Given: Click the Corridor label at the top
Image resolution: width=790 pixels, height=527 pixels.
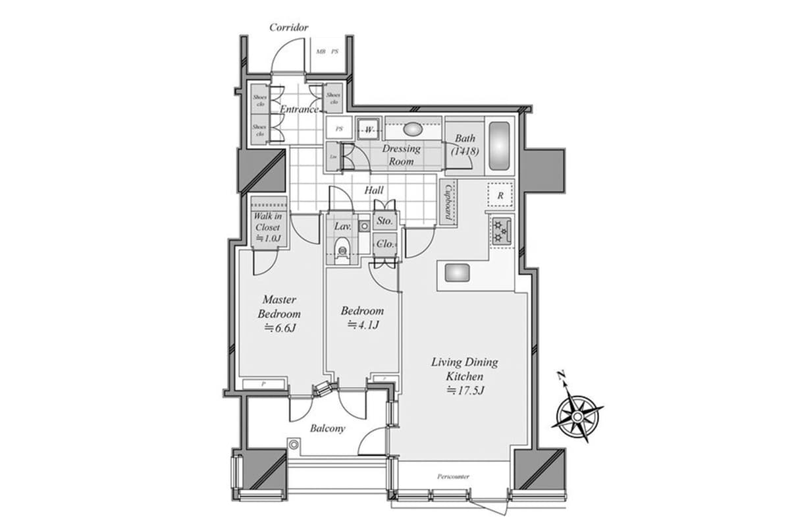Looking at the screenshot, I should coord(289,28).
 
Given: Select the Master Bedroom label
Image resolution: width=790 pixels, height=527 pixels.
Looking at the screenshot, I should coord(279,306).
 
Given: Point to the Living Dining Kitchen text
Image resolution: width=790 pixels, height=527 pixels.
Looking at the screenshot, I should coord(464,369).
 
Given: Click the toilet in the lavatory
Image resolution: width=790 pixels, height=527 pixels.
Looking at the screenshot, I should coord(342,250).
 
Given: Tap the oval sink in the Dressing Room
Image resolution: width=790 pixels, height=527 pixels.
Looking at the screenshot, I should coord(413,129).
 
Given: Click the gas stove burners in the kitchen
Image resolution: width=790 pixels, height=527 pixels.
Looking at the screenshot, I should coord(500,231).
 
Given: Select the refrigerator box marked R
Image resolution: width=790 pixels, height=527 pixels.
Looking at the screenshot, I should coord(500,195).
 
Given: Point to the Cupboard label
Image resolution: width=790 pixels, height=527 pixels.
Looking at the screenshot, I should coord(448,202).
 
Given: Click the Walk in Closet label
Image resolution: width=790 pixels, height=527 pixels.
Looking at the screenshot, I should coord(268,227).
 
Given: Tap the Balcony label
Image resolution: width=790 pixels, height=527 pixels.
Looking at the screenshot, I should coord(328,428).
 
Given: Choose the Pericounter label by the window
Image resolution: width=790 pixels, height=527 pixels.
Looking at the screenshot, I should coord(452,476).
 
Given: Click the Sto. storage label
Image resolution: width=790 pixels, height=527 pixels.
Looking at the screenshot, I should coord(385,221).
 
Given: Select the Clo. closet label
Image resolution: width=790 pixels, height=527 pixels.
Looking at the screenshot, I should coord(385,244).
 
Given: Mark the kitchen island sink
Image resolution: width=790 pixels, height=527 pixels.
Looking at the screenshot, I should coord(457,272).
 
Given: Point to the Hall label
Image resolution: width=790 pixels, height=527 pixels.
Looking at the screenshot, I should coord(374,190).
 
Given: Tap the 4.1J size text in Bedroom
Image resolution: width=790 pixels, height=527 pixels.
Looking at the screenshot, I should coord(363,325).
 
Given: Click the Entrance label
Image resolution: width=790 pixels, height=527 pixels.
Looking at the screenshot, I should coord(300,109).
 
